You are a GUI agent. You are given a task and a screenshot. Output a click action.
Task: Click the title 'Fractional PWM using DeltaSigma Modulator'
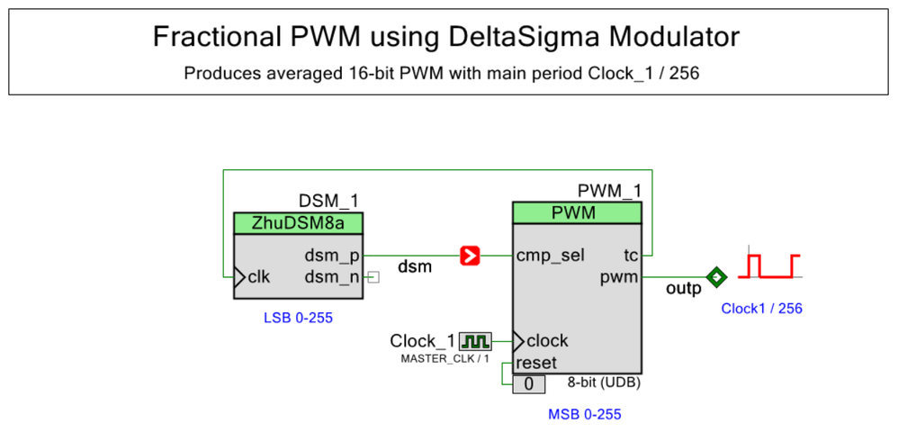point(446,38)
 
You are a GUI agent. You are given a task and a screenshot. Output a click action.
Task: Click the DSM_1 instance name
point(328,201)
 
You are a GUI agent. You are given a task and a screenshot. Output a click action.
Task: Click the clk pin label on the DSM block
point(258,276)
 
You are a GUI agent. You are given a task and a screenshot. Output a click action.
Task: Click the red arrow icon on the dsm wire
point(470,256)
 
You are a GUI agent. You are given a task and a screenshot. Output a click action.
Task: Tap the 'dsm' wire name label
point(414,266)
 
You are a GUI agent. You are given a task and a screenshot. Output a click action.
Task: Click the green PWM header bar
point(577,213)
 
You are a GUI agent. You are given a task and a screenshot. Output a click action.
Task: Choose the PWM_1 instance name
point(609,190)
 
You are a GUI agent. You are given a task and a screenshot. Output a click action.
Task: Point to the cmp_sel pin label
point(551,256)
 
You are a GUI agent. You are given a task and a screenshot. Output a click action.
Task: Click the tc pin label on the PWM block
point(631,256)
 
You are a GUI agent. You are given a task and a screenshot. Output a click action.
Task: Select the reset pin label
point(535,363)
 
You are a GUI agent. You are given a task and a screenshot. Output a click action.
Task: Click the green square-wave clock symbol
point(475,341)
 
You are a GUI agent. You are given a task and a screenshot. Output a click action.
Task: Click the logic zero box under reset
point(529,384)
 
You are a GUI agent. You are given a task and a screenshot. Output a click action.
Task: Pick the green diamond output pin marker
point(716,277)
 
